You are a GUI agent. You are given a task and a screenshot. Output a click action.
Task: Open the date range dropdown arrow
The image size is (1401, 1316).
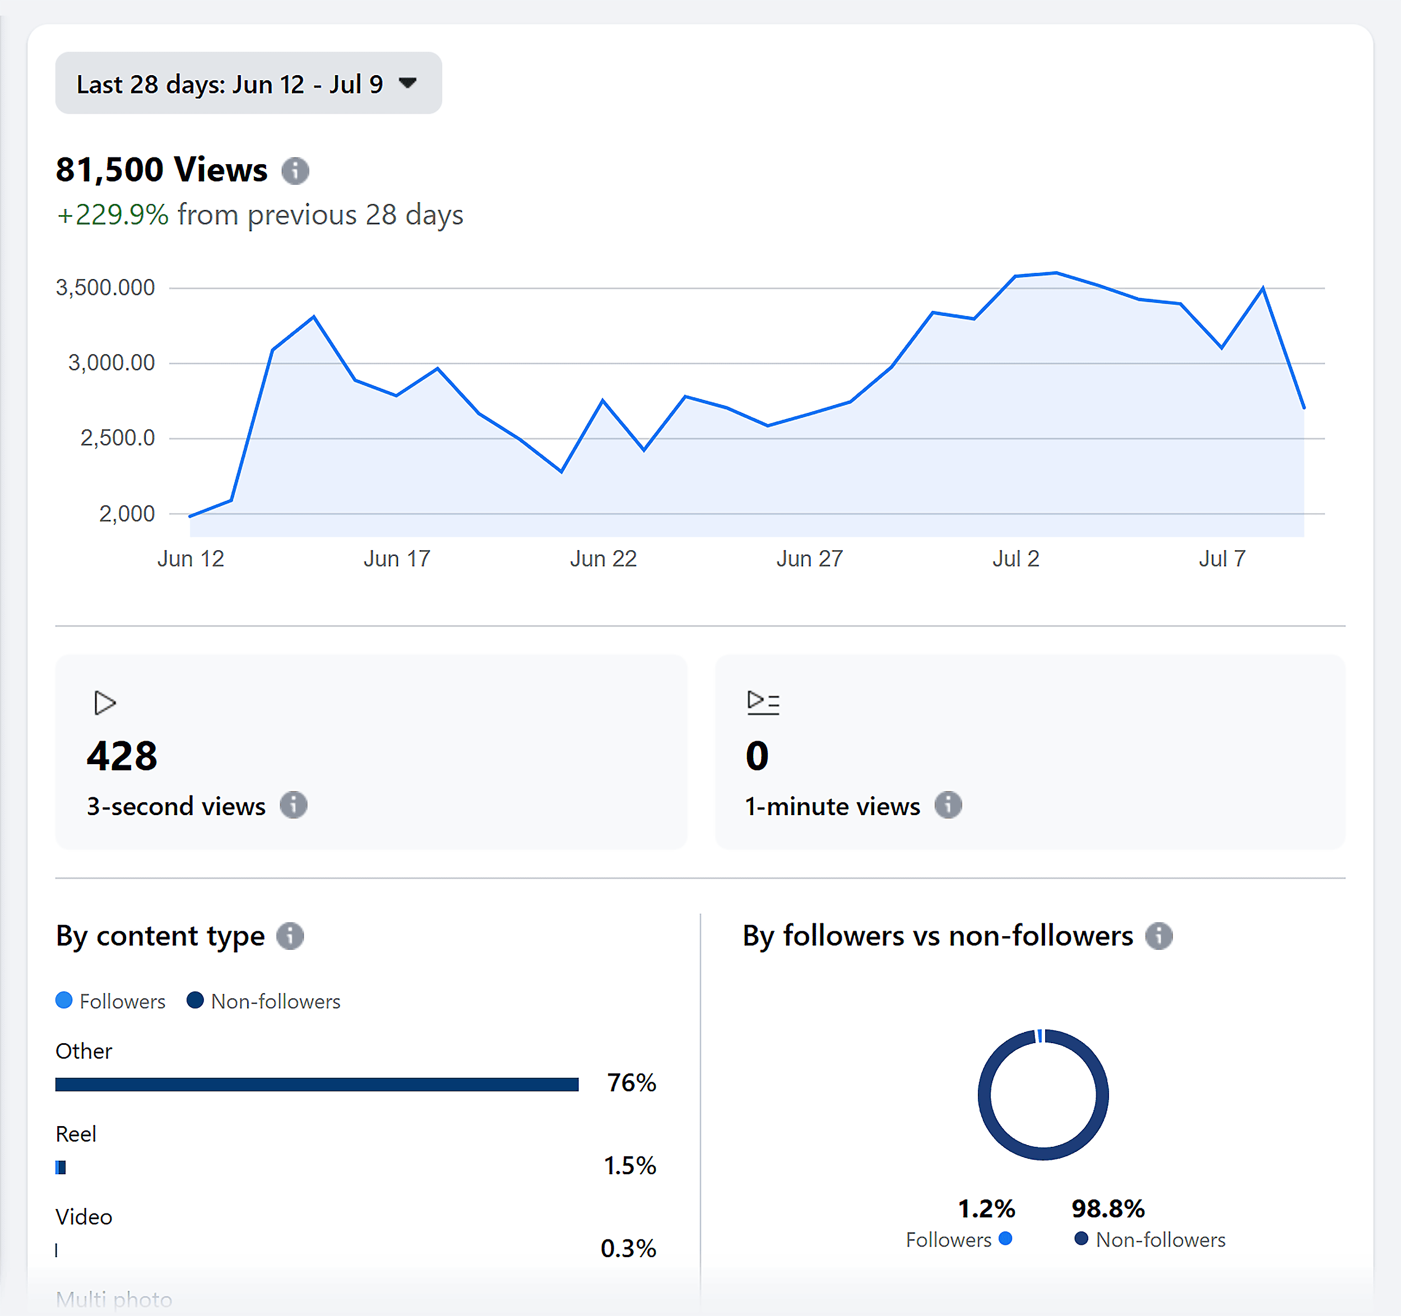point(407,83)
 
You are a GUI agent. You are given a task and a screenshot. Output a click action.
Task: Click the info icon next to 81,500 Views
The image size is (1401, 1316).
point(295,170)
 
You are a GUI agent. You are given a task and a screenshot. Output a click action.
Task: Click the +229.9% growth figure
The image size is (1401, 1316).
point(113,215)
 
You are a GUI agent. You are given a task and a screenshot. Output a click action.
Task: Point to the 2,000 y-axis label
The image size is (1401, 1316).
point(127,514)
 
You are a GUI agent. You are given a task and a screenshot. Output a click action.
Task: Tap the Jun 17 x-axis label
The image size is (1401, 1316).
point(397,559)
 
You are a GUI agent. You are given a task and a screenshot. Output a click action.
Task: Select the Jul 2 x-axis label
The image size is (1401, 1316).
point(1015,559)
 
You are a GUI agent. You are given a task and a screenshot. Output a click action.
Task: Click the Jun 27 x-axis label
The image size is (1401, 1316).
point(810,559)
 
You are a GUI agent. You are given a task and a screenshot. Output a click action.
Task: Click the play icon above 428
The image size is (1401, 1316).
point(104,703)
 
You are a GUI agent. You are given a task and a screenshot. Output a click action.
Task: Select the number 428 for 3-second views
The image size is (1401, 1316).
point(122,756)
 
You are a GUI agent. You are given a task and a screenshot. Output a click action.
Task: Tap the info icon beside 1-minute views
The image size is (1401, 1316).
point(948,805)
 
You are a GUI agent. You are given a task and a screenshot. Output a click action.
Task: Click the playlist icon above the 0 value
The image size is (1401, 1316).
point(763,703)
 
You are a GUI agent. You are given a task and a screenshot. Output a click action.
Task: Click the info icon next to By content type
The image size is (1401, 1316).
point(290,936)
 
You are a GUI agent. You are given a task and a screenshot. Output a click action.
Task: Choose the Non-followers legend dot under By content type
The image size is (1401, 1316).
point(195,1001)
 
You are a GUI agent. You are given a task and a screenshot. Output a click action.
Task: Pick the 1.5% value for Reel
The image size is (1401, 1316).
point(629,1166)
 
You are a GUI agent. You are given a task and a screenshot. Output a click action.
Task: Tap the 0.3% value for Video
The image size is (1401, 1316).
point(628,1248)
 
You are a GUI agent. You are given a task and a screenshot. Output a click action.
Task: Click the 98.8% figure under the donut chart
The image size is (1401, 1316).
point(1108,1209)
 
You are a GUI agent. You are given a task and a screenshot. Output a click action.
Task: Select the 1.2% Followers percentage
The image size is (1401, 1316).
point(986,1209)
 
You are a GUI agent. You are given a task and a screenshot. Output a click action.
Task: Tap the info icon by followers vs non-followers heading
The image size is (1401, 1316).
point(1158,936)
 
